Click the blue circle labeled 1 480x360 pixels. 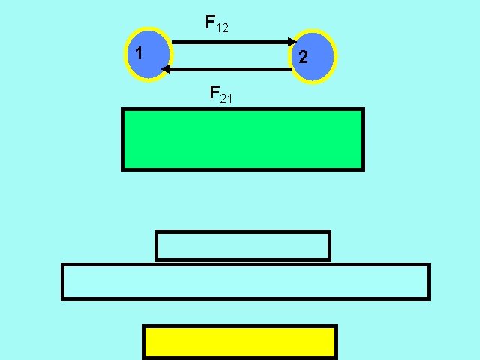click(149, 55)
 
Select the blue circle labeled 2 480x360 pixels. click(314, 56)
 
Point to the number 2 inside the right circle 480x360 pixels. click(303, 57)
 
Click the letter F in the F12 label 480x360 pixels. click(211, 22)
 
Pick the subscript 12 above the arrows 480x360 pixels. click(222, 28)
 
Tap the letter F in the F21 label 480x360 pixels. click(214, 93)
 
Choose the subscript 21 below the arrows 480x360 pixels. click(226, 97)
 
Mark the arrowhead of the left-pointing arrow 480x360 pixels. click(166, 69)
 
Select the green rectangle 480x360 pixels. click(243, 139)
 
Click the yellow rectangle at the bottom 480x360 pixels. click(240, 342)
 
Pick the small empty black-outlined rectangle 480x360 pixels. click(243, 246)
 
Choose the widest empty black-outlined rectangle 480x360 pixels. click(245, 281)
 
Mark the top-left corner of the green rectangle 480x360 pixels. click(123, 109)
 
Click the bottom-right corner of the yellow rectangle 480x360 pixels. click(336, 358)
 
